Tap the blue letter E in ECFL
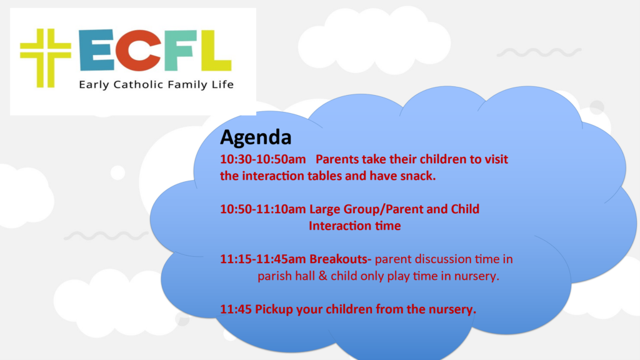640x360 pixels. [97, 50]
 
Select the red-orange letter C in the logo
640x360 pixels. [137, 50]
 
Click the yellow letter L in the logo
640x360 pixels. [216, 50]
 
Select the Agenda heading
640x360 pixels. [256, 137]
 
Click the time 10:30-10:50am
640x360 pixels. [263, 159]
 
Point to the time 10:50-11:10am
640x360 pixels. [263, 209]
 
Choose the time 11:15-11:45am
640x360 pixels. [263, 259]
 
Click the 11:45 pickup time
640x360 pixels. [236, 309]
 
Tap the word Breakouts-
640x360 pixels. [341, 259]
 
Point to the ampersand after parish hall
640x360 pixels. [323, 276]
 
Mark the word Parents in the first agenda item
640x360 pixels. [337, 159]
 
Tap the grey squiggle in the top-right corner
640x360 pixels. [539, 52]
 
